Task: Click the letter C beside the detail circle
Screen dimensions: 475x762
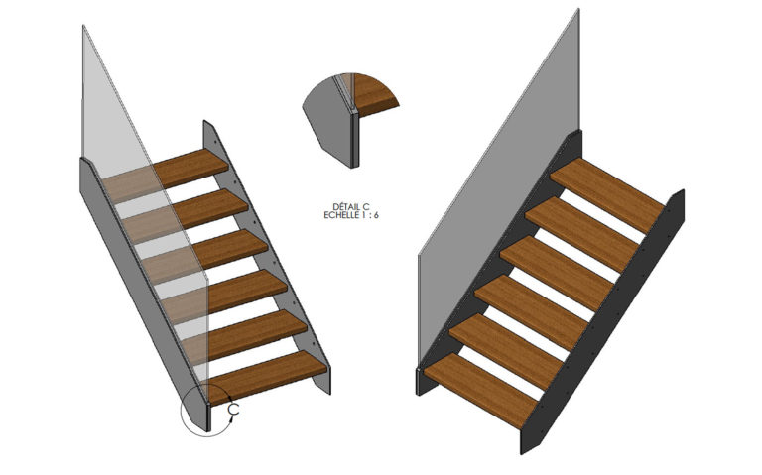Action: (234, 408)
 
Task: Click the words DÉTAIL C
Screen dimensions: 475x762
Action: (352, 206)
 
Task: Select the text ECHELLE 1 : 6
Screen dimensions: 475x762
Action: (352, 215)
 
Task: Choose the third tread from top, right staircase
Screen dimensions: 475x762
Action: (556, 262)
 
